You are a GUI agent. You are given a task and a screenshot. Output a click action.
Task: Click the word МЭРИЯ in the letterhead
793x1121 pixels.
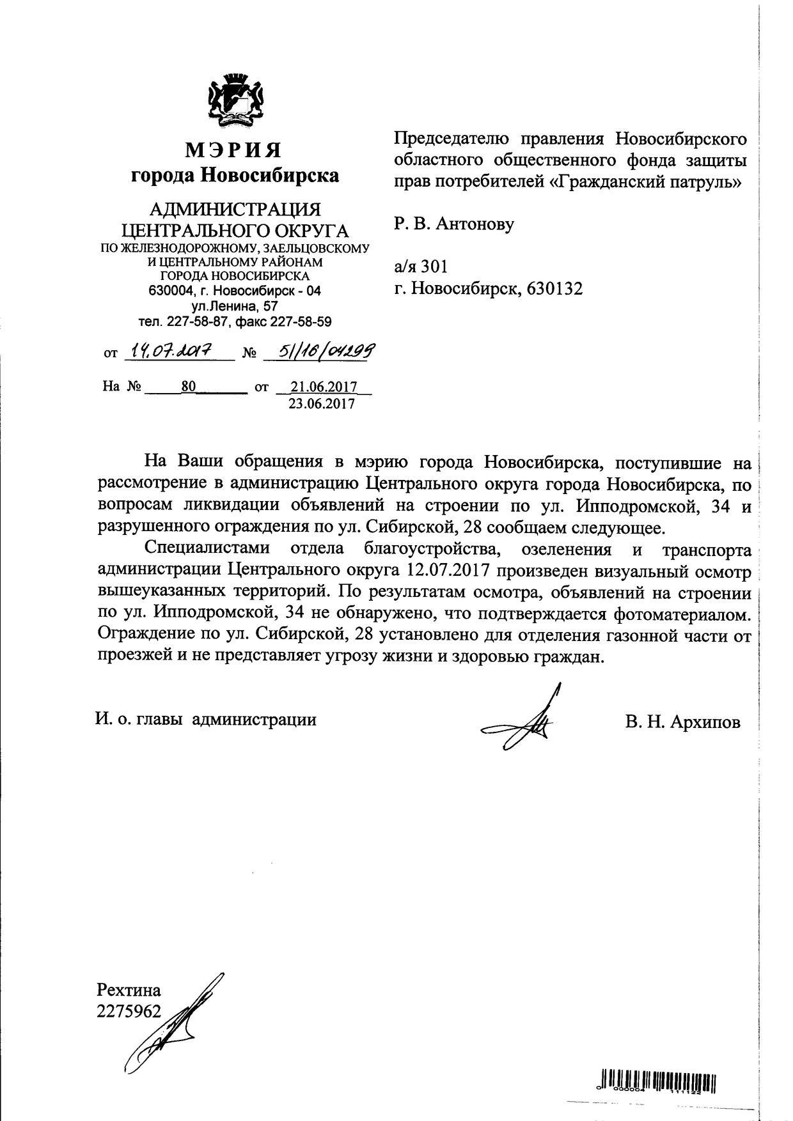[x=234, y=150]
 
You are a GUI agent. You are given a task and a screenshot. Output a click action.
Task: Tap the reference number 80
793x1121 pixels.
[x=188, y=387]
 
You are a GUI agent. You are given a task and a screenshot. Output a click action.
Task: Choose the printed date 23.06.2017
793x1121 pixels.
[x=322, y=404]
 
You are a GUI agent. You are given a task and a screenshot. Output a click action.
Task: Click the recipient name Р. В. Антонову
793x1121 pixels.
[x=454, y=224]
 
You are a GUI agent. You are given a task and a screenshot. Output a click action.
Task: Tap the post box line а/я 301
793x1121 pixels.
[x=421, y=266]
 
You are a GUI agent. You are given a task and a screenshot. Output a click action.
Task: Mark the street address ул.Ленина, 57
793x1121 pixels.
[x=235, y=306]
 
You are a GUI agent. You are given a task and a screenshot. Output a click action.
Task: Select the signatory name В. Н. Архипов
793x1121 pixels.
[x=684, y=722]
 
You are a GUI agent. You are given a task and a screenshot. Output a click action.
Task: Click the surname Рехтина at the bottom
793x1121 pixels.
[x=129, y=991]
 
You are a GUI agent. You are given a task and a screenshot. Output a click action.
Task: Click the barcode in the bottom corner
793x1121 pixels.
[x=658, y=1081]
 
